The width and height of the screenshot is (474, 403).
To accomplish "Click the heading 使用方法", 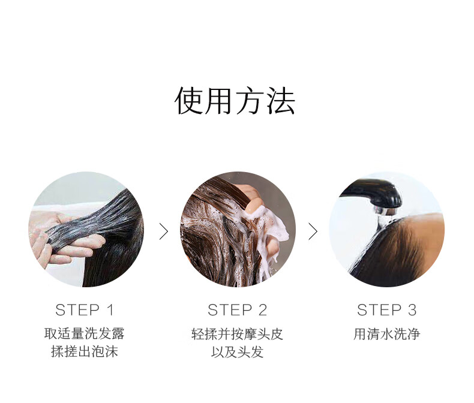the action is [x=235, y=101].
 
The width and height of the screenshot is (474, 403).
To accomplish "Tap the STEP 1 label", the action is [x=85, y=310].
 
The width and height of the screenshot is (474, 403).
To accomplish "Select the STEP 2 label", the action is [x=238, y=310].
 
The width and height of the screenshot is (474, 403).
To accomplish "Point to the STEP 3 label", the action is [x=386, y=310].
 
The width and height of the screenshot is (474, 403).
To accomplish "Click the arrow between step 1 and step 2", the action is [x=164, y=231].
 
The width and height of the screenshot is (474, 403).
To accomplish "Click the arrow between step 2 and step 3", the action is [x=313, y=231].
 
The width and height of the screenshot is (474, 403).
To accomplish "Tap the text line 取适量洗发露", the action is [x=85, y=334].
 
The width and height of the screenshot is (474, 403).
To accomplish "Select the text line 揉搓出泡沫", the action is [x=85, y=351].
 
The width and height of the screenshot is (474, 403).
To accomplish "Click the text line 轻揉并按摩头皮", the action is [x=238, y=334].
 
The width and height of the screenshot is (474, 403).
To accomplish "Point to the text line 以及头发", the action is [x=238, y=351].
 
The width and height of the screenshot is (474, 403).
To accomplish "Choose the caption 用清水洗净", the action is [x=387, y=334].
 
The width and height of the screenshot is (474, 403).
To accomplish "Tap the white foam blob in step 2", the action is [x=272, y=230].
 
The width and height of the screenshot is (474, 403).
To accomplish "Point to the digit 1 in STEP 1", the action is [x=110, y=310].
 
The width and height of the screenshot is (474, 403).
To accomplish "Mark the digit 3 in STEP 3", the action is [x=412, y=310].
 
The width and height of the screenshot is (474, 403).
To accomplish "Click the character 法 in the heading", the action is [x=281, y=101].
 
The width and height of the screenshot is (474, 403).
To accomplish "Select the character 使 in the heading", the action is [x=189, y=101].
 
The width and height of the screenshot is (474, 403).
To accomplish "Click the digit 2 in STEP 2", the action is [x=263, y=310].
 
